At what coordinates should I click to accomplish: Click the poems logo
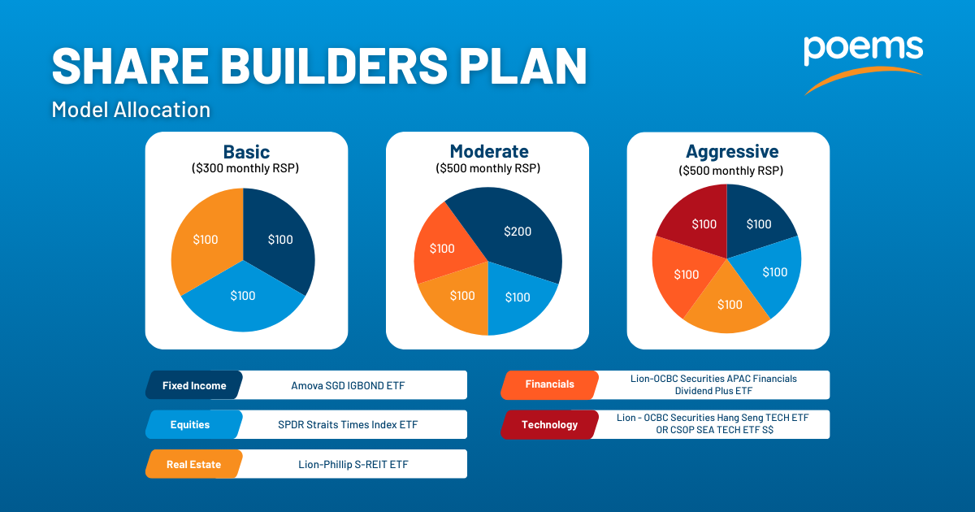click(x=863, y=64)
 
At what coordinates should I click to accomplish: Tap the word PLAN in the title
click(x=522, y=66)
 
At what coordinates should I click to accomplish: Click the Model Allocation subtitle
click(x=131, y=109)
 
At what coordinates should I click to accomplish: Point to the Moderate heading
click(x=489, y=151)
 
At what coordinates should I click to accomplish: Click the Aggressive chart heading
click(x=732, y=152)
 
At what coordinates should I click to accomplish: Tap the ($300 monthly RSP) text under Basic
click(x=245, y=168)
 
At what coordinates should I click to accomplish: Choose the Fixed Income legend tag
click(x=194, y=385)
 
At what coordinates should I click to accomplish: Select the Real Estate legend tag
click(x=194, y=464)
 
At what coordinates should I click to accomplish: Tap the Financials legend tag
click(x=550, y=384)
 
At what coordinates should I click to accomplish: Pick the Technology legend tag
click(x=550, y=424)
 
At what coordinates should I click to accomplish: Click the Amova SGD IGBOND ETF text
click(x=348, y=386)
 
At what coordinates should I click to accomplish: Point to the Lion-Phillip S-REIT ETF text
click(x=353, y=465)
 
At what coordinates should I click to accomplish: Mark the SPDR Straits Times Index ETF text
click(x=348, y=425)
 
